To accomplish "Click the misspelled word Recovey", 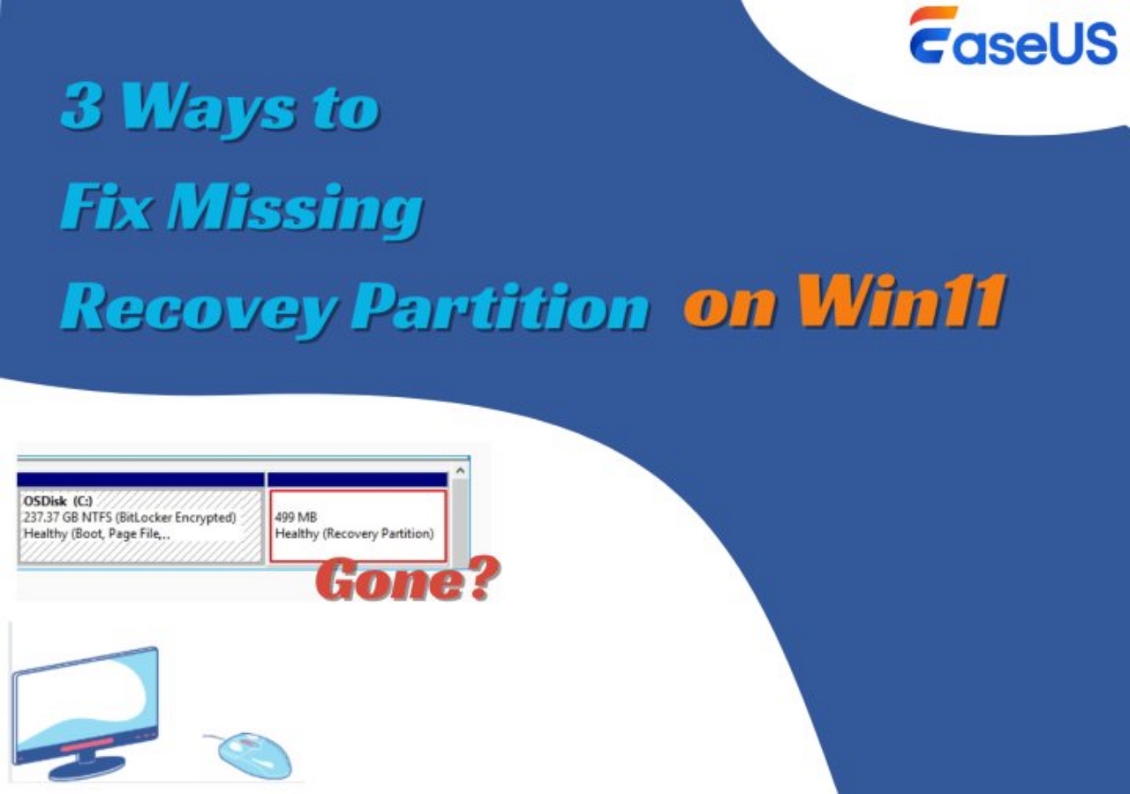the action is click(197, 307).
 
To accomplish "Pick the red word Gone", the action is click(384, 581).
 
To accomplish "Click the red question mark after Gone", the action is click(479, 580).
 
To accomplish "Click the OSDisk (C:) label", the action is click(58, 500).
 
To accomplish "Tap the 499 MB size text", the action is click(296, 517).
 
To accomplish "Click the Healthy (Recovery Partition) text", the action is click(354, 534).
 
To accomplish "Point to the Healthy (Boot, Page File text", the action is click(96, 534).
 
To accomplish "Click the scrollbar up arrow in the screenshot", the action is click(460, 471).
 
